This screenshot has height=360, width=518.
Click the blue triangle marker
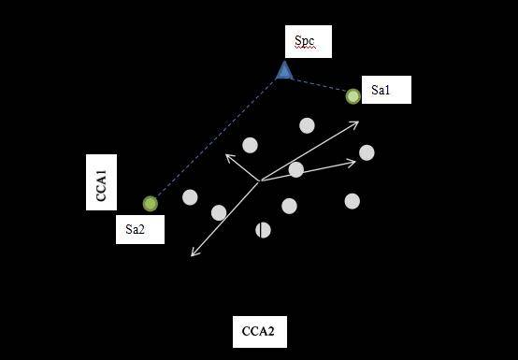click(284, 70)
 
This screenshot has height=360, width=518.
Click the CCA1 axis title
click(102, 182)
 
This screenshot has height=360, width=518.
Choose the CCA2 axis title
click(258, 331)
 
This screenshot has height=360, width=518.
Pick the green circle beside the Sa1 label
click(353, 95)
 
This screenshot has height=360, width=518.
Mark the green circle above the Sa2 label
click(151, 203)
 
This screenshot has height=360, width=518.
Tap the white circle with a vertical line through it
click(264, 229)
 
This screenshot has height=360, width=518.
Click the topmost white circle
click(307, 125)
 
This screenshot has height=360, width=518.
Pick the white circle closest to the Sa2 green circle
click(190, 196)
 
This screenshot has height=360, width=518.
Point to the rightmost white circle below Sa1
click(367, 152)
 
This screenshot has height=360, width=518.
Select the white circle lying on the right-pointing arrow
click(295, 169)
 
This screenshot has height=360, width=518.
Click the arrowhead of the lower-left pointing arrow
click(194, 252)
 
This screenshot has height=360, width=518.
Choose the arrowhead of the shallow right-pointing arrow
click(353, 163)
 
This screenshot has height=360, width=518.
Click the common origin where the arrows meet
click(260, 180)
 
